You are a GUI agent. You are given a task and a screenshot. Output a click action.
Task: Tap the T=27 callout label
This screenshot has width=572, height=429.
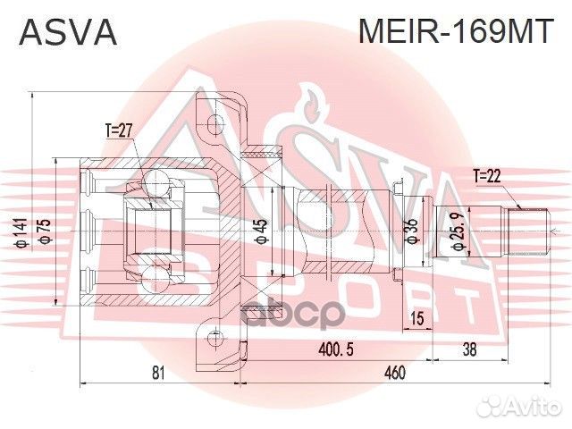point(118,130)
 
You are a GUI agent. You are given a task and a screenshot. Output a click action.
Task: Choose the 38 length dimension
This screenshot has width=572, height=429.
point(468,349)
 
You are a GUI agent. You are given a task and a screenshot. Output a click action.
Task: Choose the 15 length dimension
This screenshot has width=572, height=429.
point(416,319)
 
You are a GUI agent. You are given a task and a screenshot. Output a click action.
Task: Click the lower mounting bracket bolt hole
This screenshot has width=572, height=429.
point(214,337)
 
